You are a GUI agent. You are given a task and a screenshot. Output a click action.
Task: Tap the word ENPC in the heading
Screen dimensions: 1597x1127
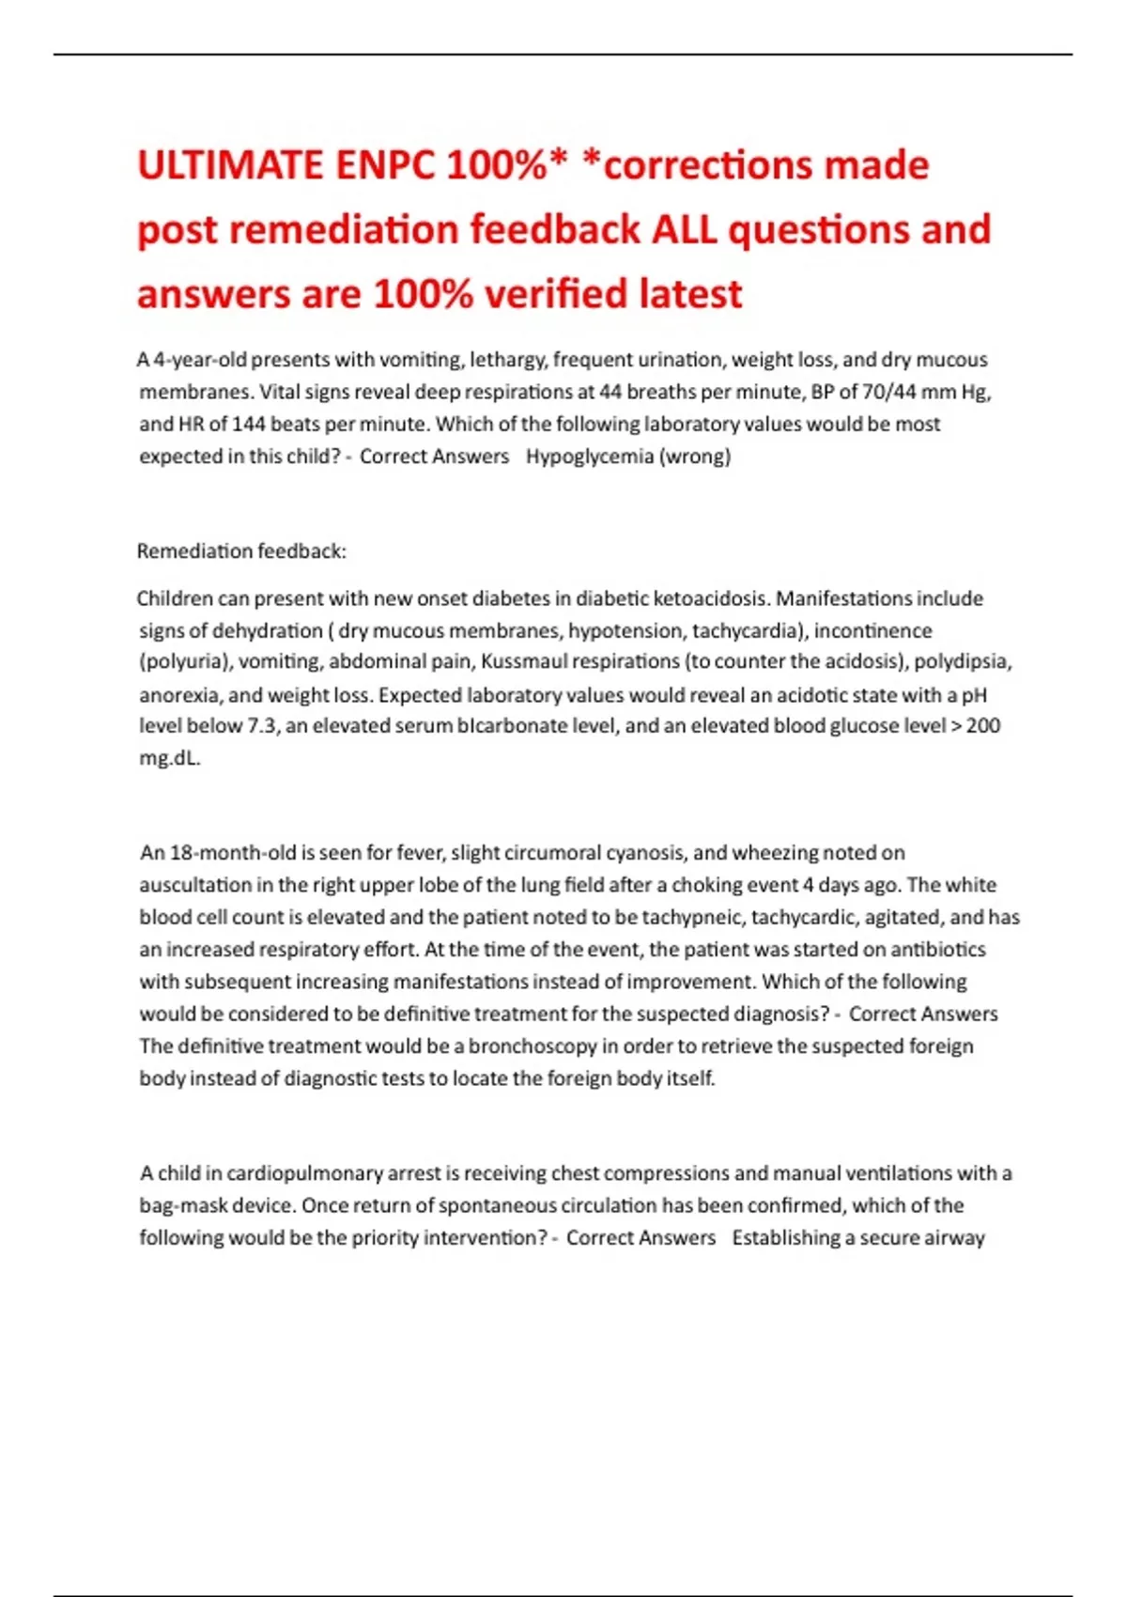pos(385,166)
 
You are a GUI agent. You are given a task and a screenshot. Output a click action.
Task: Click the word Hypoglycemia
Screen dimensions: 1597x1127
pos(590,457)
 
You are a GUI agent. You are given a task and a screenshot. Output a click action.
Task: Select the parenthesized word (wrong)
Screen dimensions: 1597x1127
pos(696,457)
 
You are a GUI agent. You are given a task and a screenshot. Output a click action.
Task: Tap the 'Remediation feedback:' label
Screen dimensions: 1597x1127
pos(241,551)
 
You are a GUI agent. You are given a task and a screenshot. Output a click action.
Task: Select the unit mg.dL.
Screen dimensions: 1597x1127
pos(170,758)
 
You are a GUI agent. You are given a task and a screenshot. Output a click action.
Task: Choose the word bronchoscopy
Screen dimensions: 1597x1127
pos(533,1047)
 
